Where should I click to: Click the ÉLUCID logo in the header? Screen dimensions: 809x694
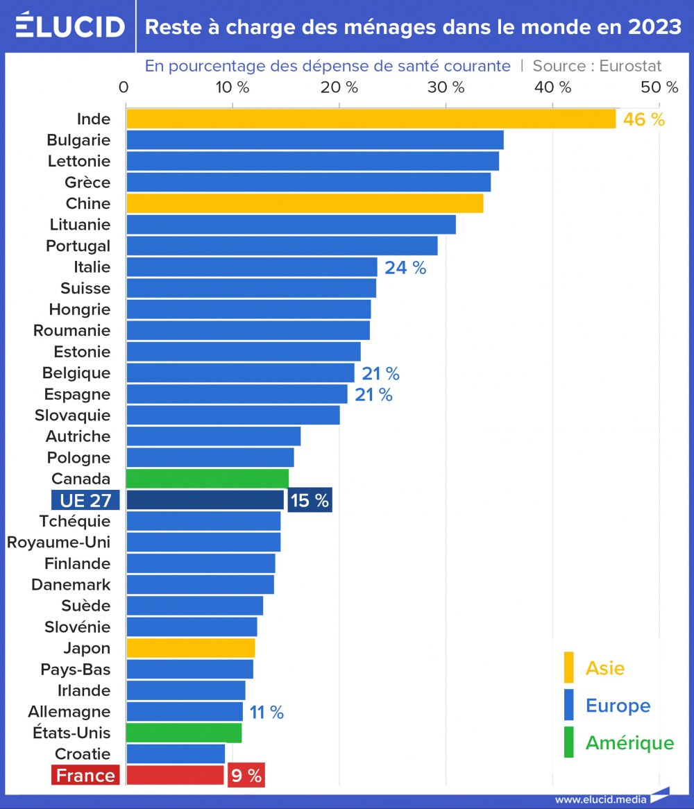(69, 26)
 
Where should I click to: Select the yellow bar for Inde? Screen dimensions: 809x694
(371, 119)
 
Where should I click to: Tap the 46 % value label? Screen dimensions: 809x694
(643, 119)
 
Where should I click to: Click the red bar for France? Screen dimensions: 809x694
(175, 775)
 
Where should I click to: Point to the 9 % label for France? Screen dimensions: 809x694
(246, 776)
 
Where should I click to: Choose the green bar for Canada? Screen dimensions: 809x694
(207, 479)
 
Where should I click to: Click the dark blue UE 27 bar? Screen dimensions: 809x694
(205, 500)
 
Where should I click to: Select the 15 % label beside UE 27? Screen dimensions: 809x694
(310, 500)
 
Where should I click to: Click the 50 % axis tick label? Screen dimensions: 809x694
(659, 87)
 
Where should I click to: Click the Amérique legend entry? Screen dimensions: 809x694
(629, 742)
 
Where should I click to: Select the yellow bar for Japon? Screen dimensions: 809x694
(190, 648)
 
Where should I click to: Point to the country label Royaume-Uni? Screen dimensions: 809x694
(58, 542)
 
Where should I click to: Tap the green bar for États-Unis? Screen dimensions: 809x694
(184, 733)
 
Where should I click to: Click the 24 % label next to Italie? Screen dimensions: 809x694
(405, 267)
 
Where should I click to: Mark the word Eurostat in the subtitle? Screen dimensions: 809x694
(630, 66)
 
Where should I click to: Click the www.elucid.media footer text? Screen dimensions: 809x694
(600, 799)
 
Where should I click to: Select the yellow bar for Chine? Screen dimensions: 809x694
(304, 203)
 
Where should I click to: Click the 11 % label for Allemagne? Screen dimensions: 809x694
(266, 712)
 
